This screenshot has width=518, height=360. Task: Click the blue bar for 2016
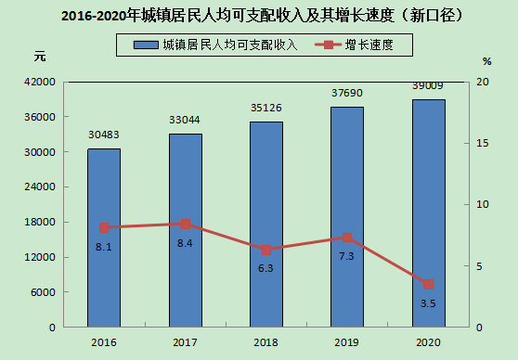[x=104, y=238]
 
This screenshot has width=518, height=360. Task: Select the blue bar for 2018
[x=266, y=225]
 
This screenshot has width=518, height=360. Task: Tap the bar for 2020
[x=429, y=213]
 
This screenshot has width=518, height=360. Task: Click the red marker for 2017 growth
[x=186, y=225]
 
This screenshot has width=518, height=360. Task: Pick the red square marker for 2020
[x=429, y=284]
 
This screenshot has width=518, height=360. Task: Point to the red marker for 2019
[x=347, y=238]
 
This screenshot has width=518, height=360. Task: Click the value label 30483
[x=104, y=135]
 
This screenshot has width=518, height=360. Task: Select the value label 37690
[x=347, y=93]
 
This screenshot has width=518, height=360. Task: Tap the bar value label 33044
[x=185, y=120]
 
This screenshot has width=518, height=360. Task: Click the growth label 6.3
[x=265, y=268]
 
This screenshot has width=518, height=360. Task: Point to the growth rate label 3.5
[x=428, y=303]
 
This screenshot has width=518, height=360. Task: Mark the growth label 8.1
[x=104, y=247]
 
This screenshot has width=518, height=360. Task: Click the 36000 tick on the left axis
[x=40, y=117]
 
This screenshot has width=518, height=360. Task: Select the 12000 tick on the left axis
[x=40, y=257]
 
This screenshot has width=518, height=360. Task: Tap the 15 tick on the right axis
[x=483, y=143]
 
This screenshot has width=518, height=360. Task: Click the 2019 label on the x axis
[x=347, y=342]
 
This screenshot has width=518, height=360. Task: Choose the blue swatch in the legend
[x=146, y=45]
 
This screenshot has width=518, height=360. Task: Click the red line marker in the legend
[x=328, y=45]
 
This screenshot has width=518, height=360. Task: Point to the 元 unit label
[x=40, y=57]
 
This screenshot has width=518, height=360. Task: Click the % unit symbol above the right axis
[x=487, y=61]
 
